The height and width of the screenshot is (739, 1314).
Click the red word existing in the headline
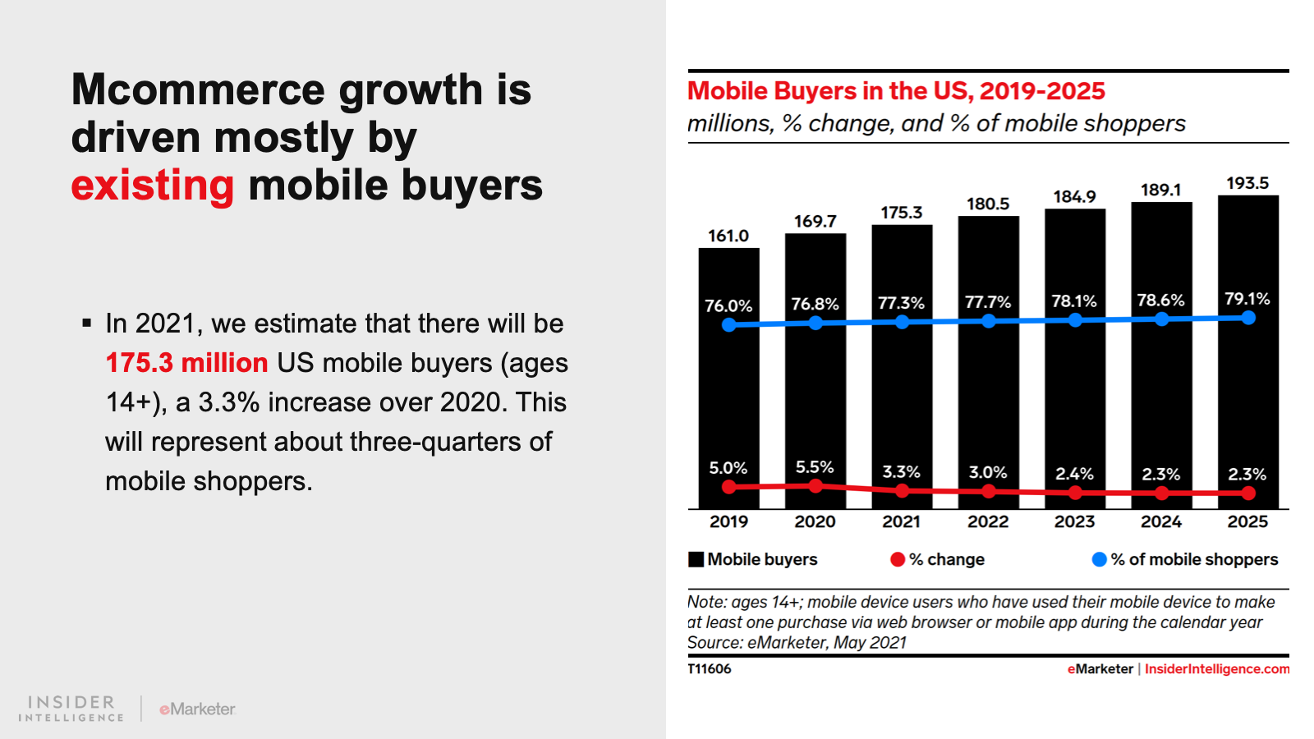(x=153, y=186)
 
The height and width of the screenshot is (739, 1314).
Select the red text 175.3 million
(x=186, y=363)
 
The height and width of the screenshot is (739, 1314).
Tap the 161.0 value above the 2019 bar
(x=728, y=236)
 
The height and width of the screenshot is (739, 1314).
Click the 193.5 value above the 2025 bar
(x=1247, y=183)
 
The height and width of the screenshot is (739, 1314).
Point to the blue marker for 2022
(x=989, y=321)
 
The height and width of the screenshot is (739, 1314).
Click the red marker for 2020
(x=816, y=486)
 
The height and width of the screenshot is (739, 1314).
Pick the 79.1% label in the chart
(x=1247, y=299)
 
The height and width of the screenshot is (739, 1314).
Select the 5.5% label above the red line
(x=815, y=467)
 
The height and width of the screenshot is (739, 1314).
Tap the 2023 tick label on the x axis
(x=1074, y=521)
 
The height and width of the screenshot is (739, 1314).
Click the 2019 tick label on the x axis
(x=728, y=521)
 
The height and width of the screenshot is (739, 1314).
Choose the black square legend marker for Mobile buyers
(x=696, y=559)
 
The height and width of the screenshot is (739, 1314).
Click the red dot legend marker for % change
(x=898, y=559)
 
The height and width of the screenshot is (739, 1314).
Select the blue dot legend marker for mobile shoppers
(x=1099, y=559)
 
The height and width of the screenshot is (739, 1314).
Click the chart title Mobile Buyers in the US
(x=896, y=91)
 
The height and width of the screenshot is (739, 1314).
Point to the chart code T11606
(x=710, y=668)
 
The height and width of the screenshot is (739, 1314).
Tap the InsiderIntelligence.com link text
(x=1217, y=668)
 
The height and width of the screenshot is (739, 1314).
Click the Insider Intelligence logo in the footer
(x=71, y=709)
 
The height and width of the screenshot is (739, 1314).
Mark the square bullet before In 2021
(x=87, y=324)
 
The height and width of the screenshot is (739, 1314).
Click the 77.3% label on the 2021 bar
(x=901, y=303)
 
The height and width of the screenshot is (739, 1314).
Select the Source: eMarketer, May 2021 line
(x=797, y=642)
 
